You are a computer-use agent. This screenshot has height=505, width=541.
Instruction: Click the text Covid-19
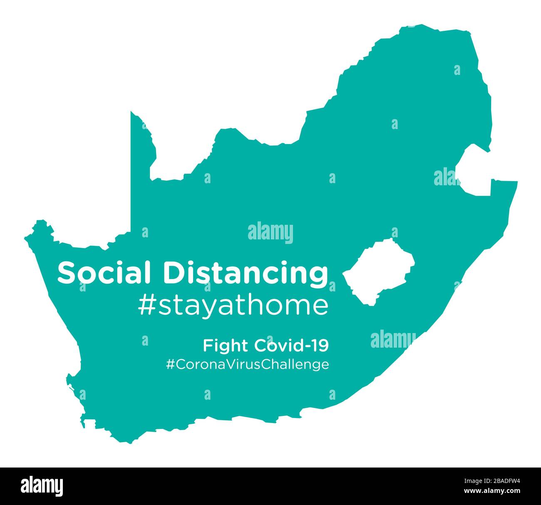coord(291,345)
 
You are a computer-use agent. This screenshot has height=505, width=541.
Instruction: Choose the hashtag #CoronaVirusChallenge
coord(248,365)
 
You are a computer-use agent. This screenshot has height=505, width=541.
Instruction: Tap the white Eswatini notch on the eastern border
coord(474,171)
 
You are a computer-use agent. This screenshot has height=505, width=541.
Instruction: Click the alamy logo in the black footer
coord(42,486)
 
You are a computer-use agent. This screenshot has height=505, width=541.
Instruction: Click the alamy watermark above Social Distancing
coord(270,233)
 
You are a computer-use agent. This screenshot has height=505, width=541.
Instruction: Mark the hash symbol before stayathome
coord(146,306)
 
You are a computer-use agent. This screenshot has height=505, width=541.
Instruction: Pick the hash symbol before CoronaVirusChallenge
coord(170,365)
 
